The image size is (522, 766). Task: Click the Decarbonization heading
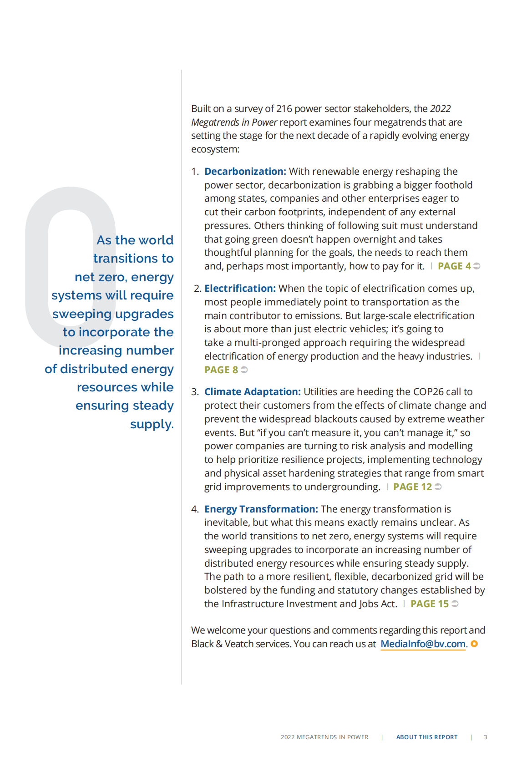point(245,172)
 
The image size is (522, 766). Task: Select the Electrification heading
point(240,289)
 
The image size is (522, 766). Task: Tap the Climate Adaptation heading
point(252,392)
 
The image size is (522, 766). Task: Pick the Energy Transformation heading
point(261,509)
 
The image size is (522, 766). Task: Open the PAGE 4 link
point(454,266)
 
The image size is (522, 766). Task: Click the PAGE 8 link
point(221,370)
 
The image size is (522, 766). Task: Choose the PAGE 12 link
point(412,487)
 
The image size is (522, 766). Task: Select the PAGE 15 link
point(429,604)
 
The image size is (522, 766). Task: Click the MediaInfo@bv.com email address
point(423,644)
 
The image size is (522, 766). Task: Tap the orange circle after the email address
point(474,644)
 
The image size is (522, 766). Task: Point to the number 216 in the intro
point(284,109)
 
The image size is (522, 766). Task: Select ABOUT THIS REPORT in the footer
point(426,737)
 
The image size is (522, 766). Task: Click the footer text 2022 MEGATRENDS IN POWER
point(324,737)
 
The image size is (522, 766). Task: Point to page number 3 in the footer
point(485,737)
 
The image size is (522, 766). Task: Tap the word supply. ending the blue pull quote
point(152,424)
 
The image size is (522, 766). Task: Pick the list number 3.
point(195,392)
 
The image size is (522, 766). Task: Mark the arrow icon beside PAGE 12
point(438,487)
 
